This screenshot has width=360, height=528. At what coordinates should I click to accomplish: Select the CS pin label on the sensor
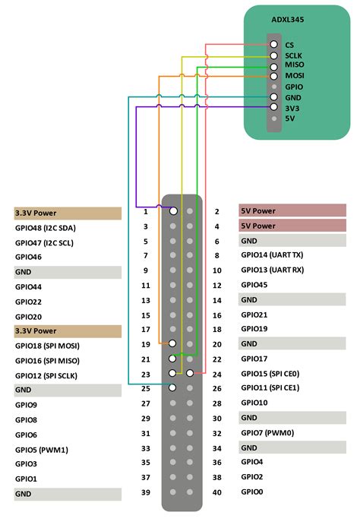coord(289,45)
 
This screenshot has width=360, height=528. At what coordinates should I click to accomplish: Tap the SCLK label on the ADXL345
coord(294,55)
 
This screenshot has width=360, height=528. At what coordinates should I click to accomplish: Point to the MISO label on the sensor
coord(294,66)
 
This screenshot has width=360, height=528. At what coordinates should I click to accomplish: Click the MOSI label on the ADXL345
coord(294,77)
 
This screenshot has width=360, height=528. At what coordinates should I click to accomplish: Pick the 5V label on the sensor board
coord(289,119)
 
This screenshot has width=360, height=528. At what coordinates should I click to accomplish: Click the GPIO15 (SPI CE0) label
coord(272,373)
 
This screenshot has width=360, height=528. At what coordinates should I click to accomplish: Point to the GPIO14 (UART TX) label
coord(272,255)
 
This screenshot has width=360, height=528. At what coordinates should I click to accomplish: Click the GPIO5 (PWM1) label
coord(42,450)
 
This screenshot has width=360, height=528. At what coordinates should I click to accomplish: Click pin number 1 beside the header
coord(145,211)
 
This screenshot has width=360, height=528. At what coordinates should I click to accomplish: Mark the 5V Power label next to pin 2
coord(258,211)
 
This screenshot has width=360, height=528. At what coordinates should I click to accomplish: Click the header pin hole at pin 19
coord(174,343)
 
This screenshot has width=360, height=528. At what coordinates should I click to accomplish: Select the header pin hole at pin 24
coord(189,373)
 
